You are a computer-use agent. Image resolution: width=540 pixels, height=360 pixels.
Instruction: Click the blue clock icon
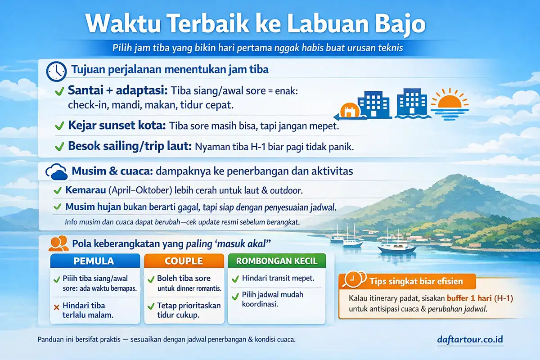(56, 72)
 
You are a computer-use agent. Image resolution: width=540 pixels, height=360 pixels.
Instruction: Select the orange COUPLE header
(184, 261)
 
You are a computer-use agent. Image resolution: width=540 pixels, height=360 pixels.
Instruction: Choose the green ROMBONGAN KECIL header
(277, 261)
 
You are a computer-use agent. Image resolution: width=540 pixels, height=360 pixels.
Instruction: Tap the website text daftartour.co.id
(469, 339)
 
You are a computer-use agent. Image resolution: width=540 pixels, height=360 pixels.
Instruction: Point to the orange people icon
(58, 243)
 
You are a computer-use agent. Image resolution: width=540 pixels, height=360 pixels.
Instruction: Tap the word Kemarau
(85, 190)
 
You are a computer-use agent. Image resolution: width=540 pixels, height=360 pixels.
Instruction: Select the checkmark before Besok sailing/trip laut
(59, 147)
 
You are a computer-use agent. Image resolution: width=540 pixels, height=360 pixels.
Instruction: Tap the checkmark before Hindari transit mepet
(235, 279)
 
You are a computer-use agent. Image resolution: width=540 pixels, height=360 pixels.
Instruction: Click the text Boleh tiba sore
(184, 278)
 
